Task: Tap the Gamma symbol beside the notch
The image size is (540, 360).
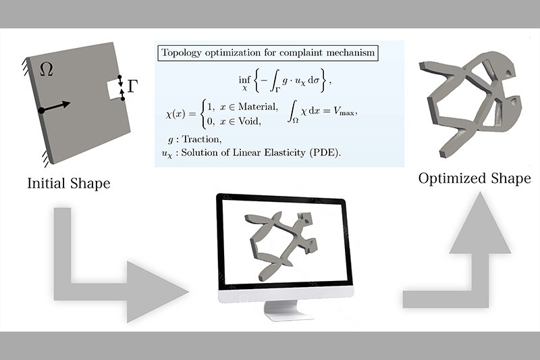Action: click(132, 86)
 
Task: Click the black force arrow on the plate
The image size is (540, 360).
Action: click(55, 107)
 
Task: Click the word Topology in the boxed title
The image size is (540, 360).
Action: click(182, 53)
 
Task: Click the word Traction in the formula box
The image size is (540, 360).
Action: click(201, 139)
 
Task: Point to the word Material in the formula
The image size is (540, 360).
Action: click(258, 107)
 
